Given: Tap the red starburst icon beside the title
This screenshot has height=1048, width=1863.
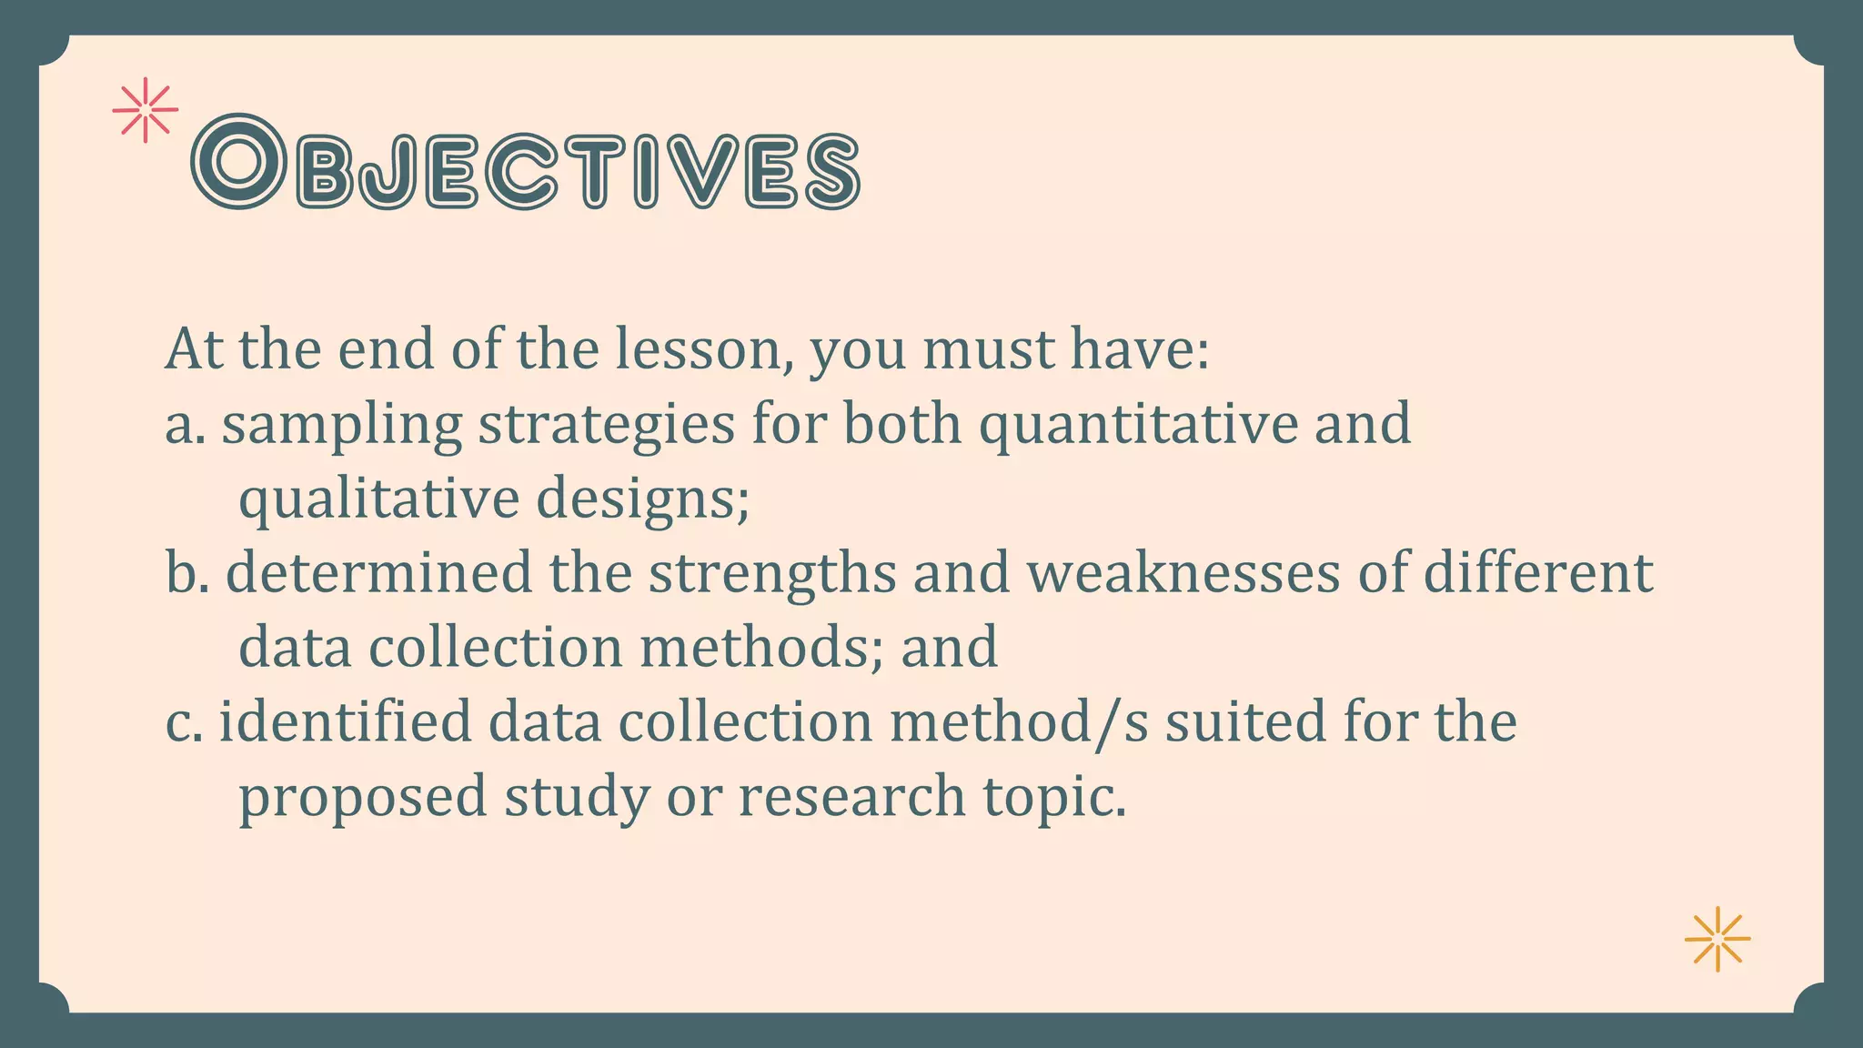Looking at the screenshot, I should pos(145,110).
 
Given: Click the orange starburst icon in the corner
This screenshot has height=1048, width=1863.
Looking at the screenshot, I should pos(1717,939).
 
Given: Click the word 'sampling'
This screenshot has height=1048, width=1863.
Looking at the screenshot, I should pos(342,426).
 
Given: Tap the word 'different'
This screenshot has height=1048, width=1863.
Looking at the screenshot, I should pos(1537,573).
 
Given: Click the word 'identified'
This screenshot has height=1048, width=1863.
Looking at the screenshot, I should pos(346,721).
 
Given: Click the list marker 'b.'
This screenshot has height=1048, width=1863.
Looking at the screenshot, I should pos(186,573).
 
